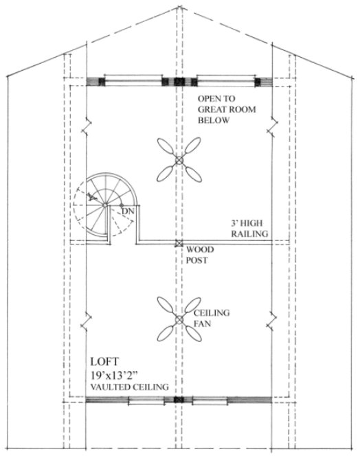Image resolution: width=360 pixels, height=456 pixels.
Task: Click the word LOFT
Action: point(104,361)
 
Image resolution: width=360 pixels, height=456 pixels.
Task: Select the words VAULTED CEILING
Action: point(129,387)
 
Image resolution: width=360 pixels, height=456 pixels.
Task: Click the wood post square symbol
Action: point(179,243)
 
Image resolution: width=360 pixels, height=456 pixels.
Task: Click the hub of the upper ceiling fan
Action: point(179,159)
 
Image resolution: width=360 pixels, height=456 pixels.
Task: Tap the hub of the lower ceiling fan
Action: point(179,319)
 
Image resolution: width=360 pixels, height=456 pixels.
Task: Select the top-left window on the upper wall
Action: point(134,82)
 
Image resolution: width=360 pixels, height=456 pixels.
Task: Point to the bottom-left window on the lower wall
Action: point(147,400)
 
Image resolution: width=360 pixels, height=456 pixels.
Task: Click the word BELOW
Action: point(213,120)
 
